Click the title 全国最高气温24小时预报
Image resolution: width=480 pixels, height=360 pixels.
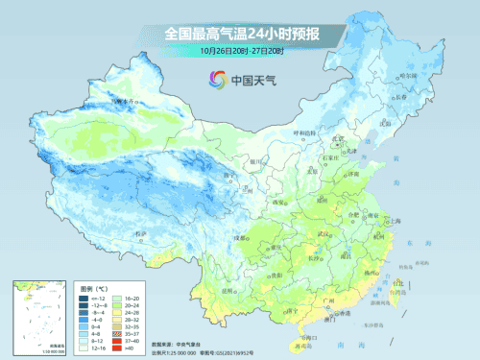coord(241,35)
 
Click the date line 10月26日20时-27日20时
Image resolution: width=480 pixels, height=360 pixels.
coord(241,51)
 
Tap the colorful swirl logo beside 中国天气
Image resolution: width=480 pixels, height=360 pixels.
coord(212,81)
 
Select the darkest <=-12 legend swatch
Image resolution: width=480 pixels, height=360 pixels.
coord(87,298)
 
